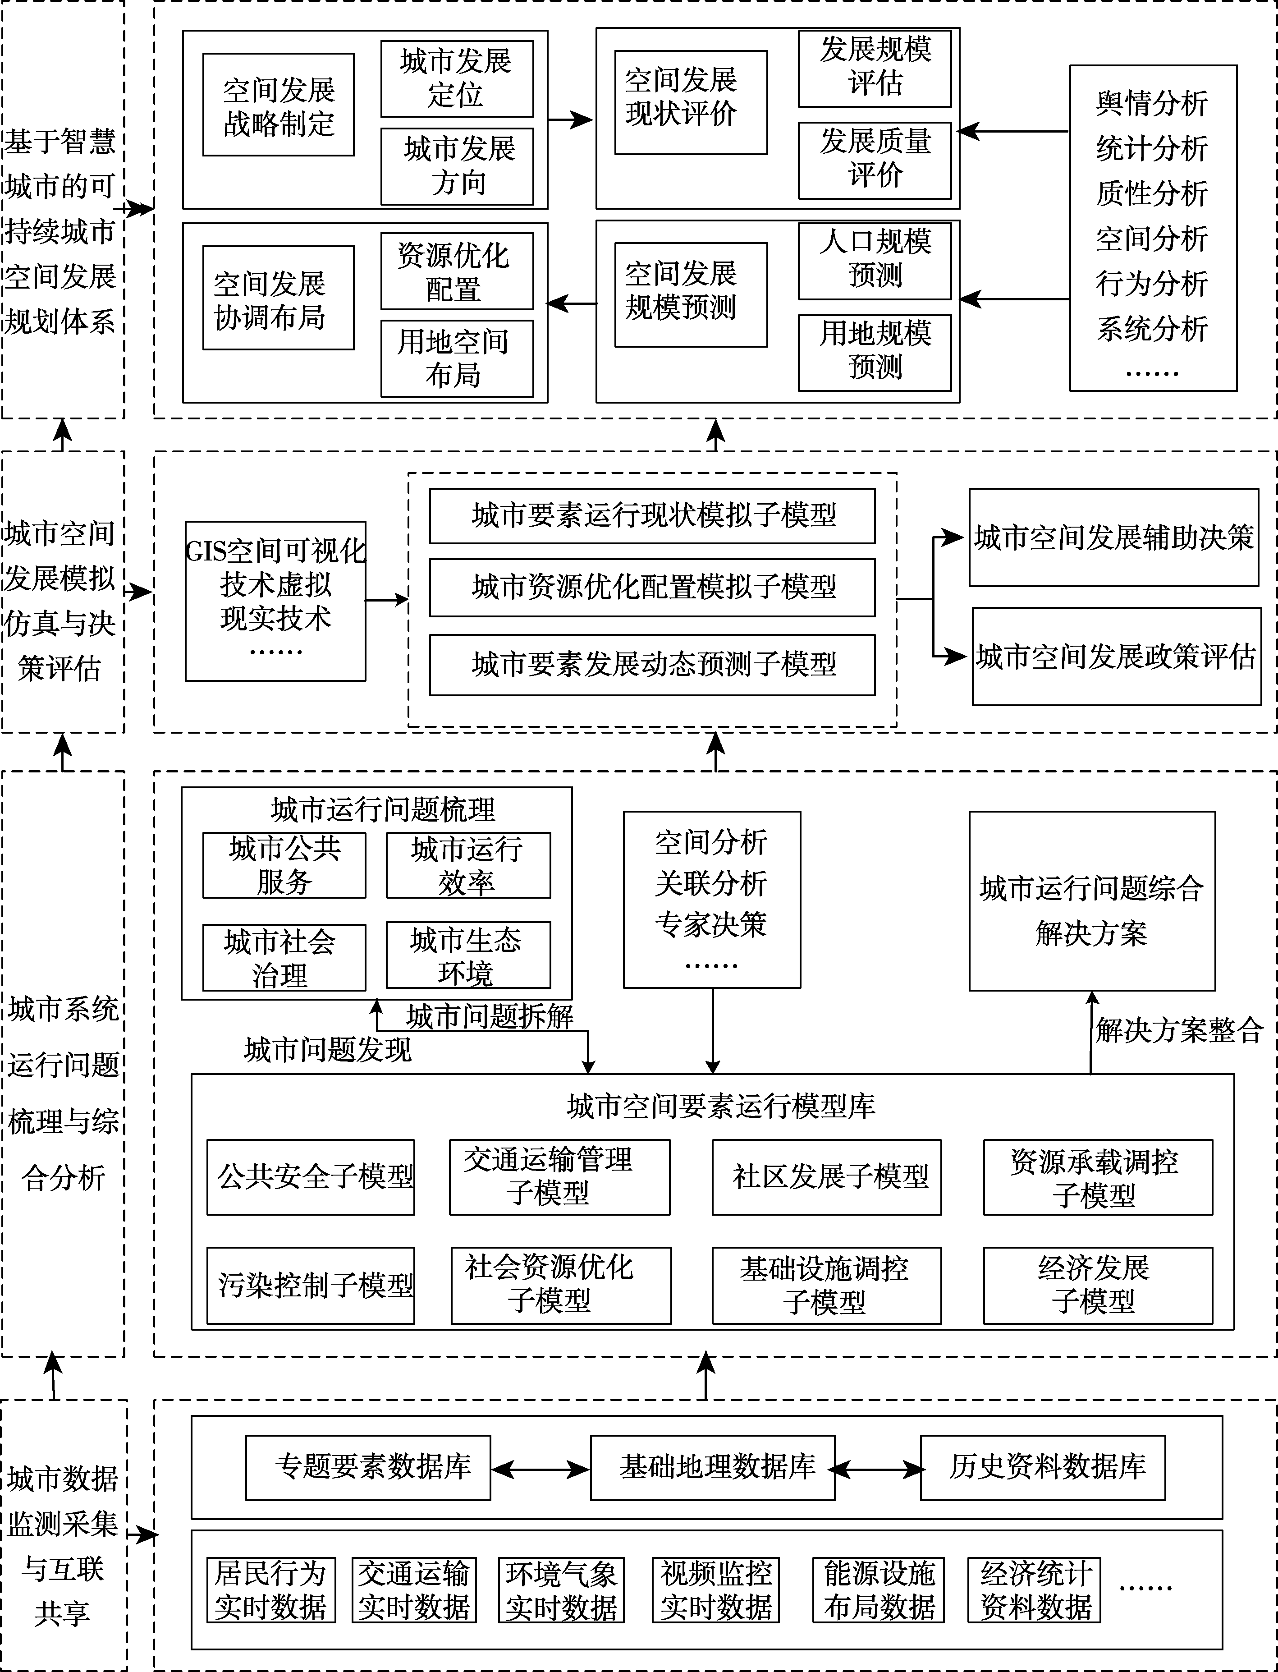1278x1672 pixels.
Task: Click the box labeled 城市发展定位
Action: pyautogui.click(x=456, y=78)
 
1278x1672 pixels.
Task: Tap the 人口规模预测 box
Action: pyautogui.click(x=875, y=260)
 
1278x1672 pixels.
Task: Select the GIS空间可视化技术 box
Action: pyautogui.click(x=275, y=601)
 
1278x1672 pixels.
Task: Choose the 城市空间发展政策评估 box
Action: pyautogui.click(x=1116, y=656)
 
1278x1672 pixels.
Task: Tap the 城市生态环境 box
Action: pyautogui.click(x=468, y=956)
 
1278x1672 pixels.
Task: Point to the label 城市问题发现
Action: pyautogui.click(x=327, y=1050)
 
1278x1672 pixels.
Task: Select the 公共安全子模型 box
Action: pyautogui.click(x=310, y=1176)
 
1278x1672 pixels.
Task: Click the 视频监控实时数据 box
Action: pyautogui.click(x=716, y=1590)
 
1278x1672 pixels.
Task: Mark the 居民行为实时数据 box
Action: pyautogui.click(x=271, y=1590)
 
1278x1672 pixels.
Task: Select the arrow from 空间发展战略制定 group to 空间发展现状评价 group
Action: pyautogui.click(x=571, y=119)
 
